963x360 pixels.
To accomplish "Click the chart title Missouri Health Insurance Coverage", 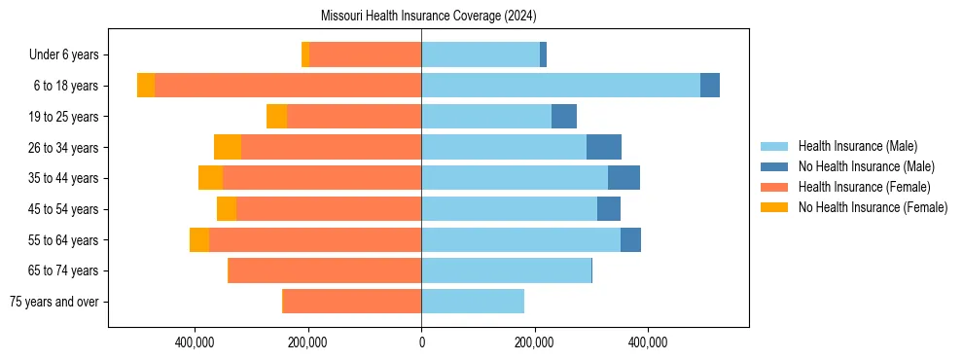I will (428, 17).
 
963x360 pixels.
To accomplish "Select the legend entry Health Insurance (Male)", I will (856, 146).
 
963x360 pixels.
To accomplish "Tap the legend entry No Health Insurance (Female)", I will (873, 207).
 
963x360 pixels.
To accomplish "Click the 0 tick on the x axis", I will (421, 342).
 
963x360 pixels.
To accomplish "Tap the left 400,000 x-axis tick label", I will (196, 342).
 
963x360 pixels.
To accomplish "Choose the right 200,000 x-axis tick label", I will (534, 342).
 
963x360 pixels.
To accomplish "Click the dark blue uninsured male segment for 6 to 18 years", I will (710, 86).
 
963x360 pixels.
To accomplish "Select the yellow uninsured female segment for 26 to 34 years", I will (228, 147).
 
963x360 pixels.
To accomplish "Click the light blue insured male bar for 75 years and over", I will (473, 302).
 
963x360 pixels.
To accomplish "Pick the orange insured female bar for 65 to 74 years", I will (324, 270).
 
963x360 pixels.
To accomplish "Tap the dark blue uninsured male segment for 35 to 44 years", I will (624, 178).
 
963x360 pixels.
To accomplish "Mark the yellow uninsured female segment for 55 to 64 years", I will (199, 239).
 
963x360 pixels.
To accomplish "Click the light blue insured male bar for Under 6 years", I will (481, 54).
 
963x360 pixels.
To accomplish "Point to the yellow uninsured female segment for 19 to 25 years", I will (276, 117).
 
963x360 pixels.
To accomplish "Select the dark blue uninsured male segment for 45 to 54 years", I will (609, 209).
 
